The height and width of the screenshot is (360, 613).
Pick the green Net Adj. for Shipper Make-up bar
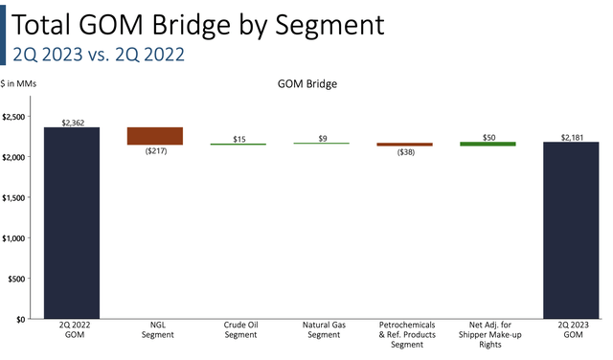488,144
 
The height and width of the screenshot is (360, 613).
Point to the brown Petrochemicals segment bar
404,145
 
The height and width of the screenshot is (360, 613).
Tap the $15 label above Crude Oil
238,139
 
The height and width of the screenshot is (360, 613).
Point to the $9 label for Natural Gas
322,139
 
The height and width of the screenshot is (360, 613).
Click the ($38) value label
404,153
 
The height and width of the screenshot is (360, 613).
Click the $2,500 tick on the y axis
17,116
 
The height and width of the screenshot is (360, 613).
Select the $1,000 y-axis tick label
17,237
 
